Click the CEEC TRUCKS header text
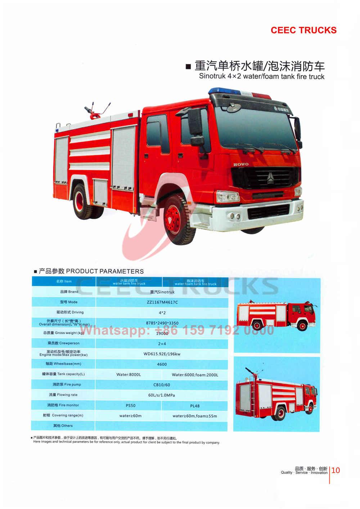(303, 30)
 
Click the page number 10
(336, 470)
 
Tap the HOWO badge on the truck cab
(241, 165)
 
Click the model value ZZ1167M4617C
(162, 302)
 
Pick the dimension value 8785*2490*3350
(162, 323)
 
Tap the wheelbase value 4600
(162, 364)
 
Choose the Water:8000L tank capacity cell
(129, 375)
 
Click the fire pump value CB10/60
(162, 385)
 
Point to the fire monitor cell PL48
(195, 406)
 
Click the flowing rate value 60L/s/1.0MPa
(162, 395)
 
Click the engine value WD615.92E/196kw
(162, 354)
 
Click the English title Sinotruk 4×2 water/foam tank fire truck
(262, 76)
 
